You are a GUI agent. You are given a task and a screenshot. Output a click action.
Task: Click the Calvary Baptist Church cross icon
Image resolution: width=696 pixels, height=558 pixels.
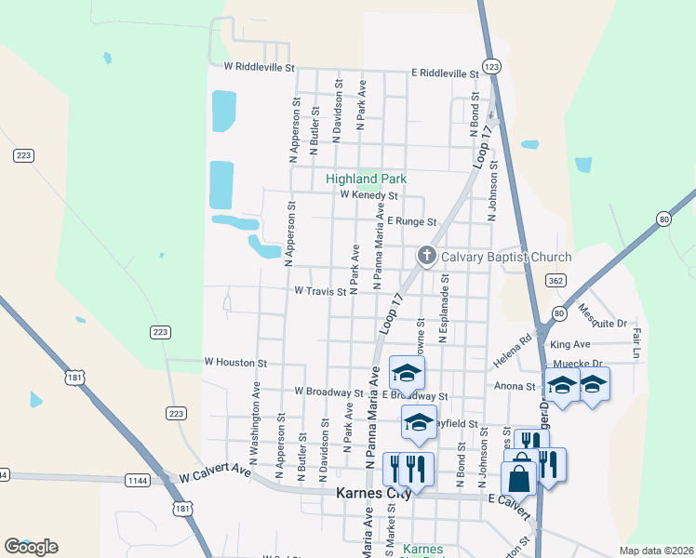[x=427, y=256]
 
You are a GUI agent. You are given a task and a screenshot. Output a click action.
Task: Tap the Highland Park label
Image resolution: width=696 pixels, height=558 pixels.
[x=367, y=179]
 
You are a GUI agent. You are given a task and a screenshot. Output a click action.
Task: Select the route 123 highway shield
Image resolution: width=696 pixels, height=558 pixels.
[x=492, y=67]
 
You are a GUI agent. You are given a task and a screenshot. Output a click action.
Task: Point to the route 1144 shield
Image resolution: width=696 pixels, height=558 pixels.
[x=138, y=480]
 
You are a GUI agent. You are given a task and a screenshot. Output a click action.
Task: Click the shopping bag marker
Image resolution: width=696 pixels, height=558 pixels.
[x=519, y=480]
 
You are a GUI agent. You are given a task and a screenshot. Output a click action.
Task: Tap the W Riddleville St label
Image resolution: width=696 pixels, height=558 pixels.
[x=259, y=68]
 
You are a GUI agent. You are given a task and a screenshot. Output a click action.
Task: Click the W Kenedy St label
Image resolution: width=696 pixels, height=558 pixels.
[x=368, y=196]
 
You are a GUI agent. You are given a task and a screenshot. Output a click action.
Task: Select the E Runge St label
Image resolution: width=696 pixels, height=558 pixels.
[x=412, y=222]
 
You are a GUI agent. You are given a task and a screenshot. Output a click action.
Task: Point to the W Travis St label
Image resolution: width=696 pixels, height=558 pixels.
[x=320, y=291]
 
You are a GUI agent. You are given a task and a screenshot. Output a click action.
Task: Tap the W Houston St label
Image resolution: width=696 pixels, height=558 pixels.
[x=235, y=362]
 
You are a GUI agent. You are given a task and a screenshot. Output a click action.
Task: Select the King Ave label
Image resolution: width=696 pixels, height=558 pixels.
[x=589, y=344]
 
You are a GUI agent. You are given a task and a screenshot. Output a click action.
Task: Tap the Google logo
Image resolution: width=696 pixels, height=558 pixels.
[x=31, y=547]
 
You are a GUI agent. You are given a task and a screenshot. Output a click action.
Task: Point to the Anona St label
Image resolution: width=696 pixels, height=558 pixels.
[x=517, y=386]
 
